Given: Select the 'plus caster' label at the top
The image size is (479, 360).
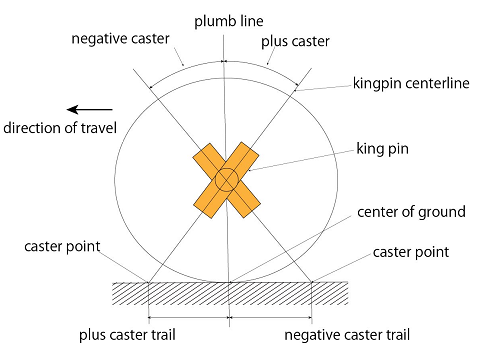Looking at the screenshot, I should point(295,43).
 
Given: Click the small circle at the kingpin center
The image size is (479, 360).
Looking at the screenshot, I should point(226,180).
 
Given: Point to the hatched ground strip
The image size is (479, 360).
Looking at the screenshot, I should point(230,295).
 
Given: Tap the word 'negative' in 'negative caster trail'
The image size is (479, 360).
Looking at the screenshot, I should point(311,334).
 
